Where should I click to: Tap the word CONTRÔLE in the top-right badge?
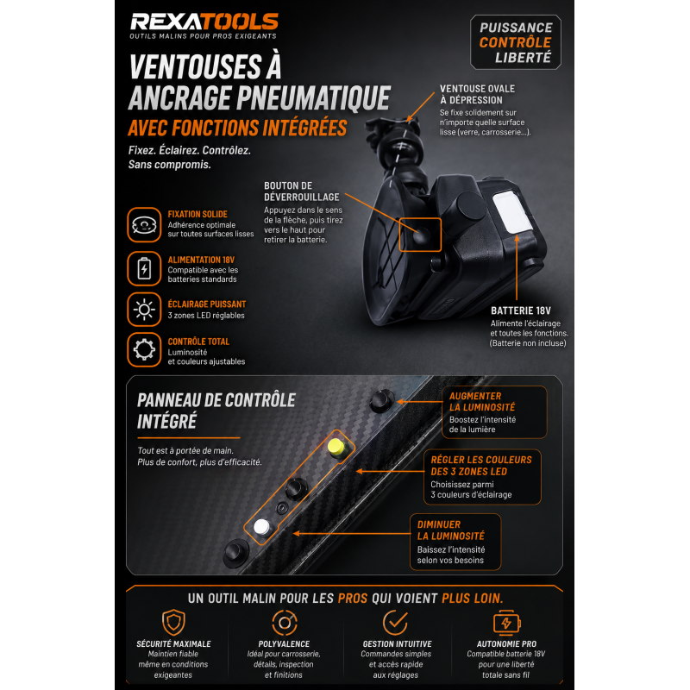[515, 42]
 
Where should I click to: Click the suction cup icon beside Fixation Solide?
[144, 225]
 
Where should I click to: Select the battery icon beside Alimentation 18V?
[144, 268]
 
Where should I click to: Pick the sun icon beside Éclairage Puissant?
[144, 310]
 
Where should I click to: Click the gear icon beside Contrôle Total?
[144, 350]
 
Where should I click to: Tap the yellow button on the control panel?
[337, 447]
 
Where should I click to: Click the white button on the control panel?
[262, 526]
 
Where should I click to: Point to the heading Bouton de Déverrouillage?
[302, 191]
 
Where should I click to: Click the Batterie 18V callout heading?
[521, 310]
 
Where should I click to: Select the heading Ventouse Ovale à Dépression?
[478, 94]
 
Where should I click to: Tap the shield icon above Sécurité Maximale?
[173, 622]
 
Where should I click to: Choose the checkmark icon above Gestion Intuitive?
[395, 622]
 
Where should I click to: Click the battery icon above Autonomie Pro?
[507, 622]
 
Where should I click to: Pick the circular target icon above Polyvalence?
[285, 622]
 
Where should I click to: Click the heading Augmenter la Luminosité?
[482, 402]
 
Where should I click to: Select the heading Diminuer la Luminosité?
[450, 530]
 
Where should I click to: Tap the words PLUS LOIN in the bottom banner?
[472, 599]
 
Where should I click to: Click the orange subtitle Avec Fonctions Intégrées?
[238, 128]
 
